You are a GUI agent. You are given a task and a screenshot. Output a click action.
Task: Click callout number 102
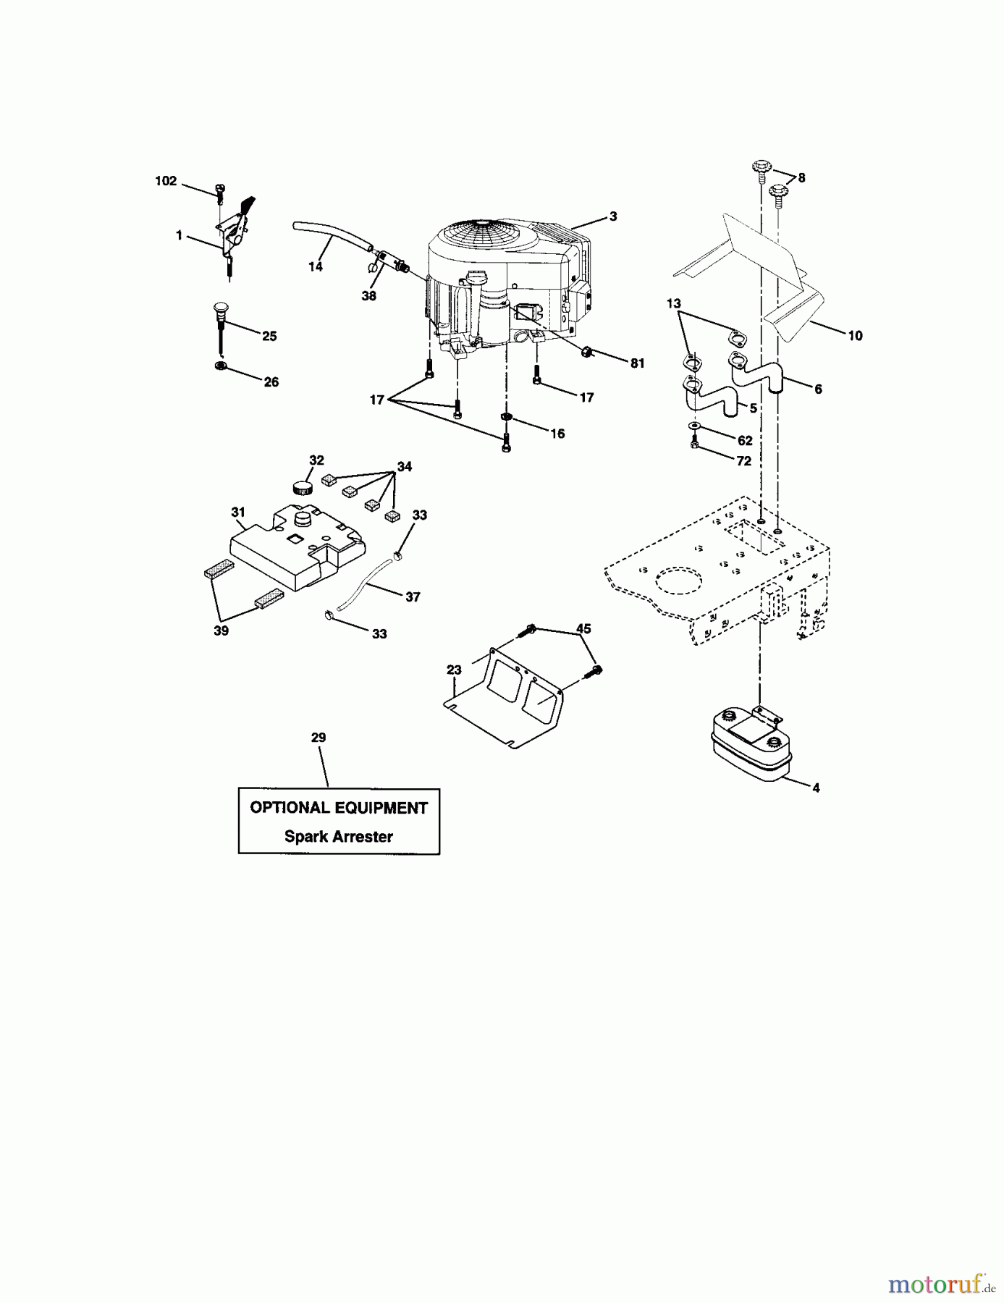pos(166,181)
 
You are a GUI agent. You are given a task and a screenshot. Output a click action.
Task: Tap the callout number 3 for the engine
pos(613,216)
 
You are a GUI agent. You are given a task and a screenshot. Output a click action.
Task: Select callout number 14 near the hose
pos(315,266)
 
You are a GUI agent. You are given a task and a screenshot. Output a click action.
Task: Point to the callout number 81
pos(637,363)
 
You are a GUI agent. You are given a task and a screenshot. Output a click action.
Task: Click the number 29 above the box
pos(319,738)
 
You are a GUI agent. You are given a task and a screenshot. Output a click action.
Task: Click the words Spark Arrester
pos(339,837)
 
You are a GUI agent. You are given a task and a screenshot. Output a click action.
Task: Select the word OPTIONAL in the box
pos(289,808)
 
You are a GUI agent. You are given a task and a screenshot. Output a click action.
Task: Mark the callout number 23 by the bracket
pos(454,670)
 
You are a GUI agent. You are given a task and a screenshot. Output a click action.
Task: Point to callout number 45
pos(583,629)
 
